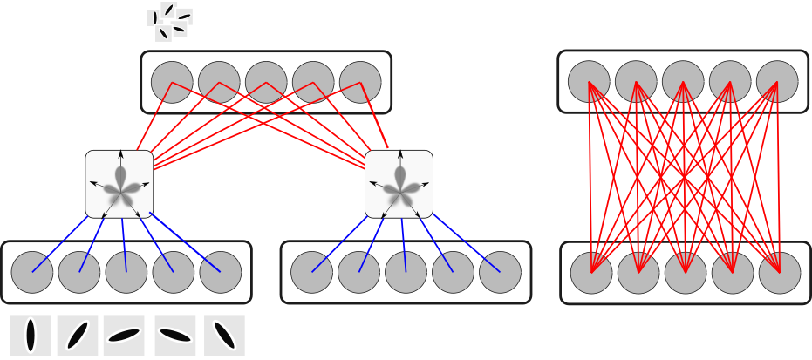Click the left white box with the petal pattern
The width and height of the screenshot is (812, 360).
(x=119, y=184)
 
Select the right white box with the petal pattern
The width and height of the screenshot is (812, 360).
(x=399, y=184)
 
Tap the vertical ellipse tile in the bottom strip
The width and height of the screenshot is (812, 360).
(x=31, y=336)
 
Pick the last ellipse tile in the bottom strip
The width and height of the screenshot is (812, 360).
(x=224, y=336)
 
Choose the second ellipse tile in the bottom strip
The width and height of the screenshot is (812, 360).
(x=78, y=336)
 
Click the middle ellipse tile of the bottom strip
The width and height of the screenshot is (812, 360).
(x=124, y=336)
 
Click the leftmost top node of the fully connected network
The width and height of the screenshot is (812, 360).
(x=589, y=81)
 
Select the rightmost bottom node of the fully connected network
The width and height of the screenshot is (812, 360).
(x=780, y=273)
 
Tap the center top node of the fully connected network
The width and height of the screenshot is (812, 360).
(x=683, y=81)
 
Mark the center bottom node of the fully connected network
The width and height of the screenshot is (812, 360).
(x=686, y=273)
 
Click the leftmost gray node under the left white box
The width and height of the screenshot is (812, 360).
(x=32, y=272)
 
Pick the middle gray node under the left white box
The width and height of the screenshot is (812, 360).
(x=126, y=272)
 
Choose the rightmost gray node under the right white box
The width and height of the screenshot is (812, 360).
(x=500, y=272)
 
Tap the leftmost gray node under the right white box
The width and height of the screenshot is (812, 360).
(x=311, y=272)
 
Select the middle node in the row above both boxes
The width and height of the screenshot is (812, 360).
(x=266, y=82)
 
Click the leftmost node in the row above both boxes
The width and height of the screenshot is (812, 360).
(x=172, y=82)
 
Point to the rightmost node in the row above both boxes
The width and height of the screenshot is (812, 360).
(x=360, y=82)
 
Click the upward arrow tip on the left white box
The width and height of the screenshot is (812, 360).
(x=120, y=153)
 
